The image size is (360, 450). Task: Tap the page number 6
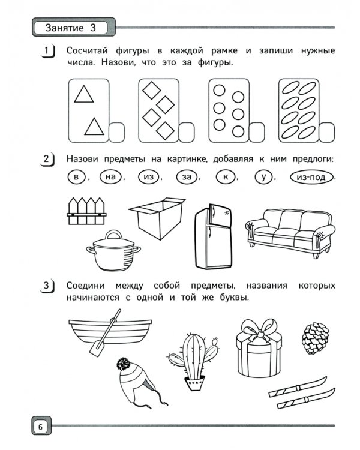coord(40,427)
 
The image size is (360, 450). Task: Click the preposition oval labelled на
coord(110,177)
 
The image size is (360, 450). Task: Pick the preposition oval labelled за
coord(187,177)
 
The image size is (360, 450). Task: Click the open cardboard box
coord(157,220)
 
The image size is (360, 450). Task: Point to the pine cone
coord(313,338)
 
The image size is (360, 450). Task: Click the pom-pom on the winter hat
coord(124,364)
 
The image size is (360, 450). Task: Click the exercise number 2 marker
coord(47,160)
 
